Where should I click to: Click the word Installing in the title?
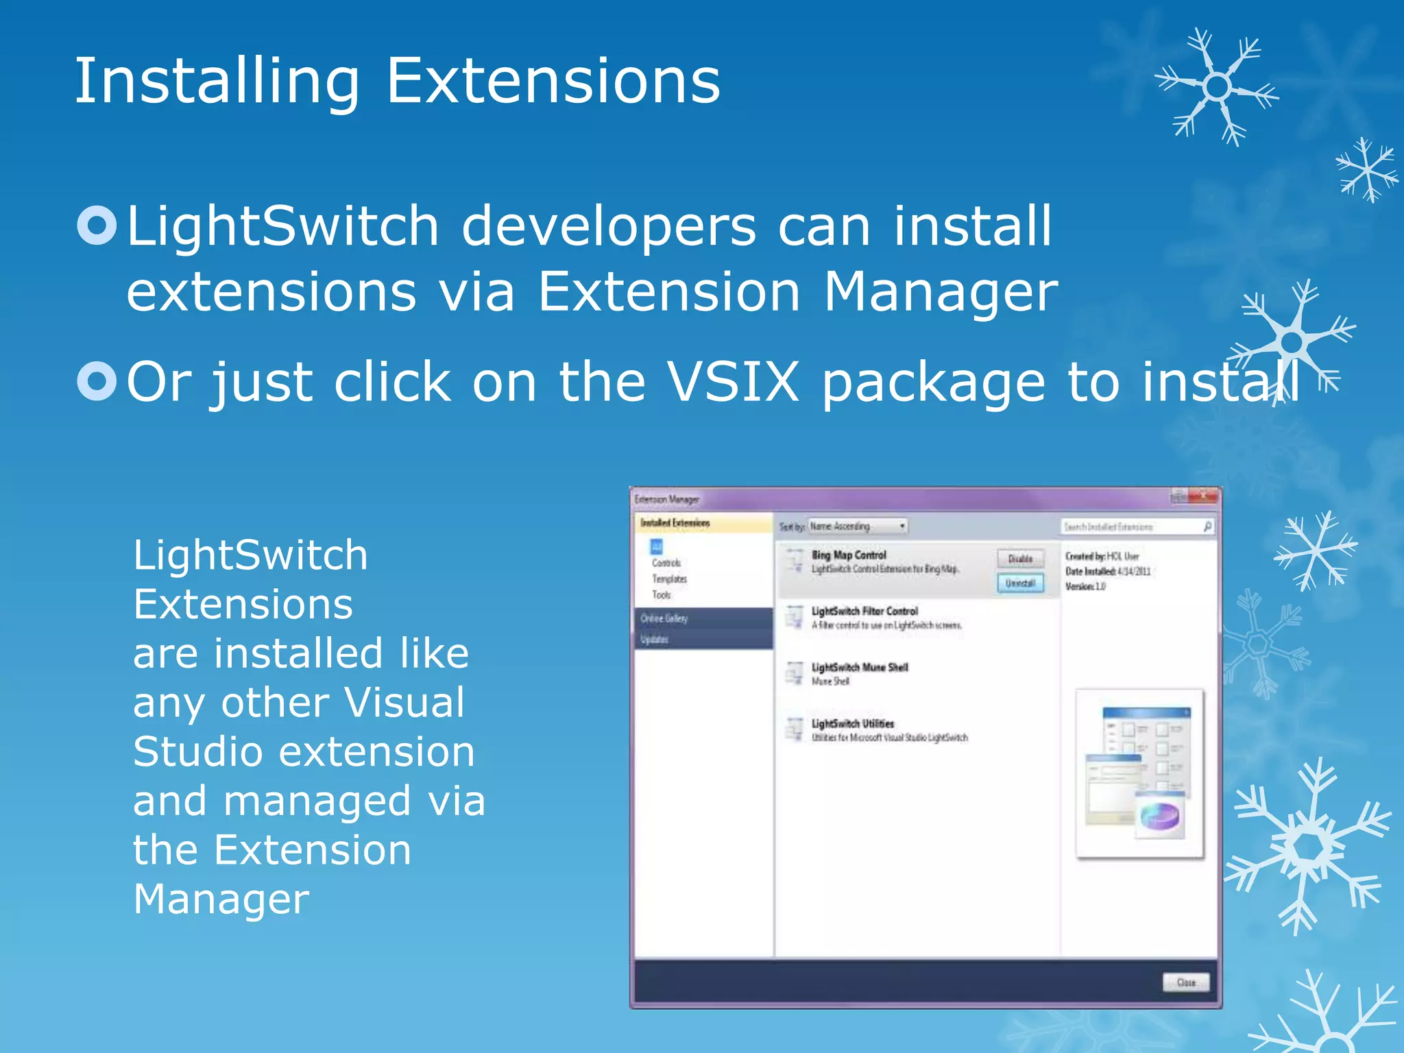[x=216, y=82]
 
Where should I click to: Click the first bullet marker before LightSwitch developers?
[x=97, y=225]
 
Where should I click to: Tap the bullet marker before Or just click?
[x=97, y=381]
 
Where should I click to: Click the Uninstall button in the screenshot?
[x=1020, y=583]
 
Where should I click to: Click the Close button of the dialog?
[x=1186, y=982]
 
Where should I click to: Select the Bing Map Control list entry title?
[x=849, y=555]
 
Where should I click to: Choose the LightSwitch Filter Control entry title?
[x=864, y=611]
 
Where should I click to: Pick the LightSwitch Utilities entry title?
[x=853, y=723]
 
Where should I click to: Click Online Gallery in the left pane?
[x=664, y=618]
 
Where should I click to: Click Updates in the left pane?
[x=654, y=639]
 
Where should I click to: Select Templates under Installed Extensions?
[x=669, y=579]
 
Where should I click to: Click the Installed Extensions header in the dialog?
[x=675, y=523]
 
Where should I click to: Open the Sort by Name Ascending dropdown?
[x=857, y=526]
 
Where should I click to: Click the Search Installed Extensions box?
[x=1131, y=526]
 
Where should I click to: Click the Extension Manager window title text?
[x=666, y=499]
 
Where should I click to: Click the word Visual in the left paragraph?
[x=404, y=703]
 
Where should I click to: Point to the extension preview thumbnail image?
[x=1139, y=773]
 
